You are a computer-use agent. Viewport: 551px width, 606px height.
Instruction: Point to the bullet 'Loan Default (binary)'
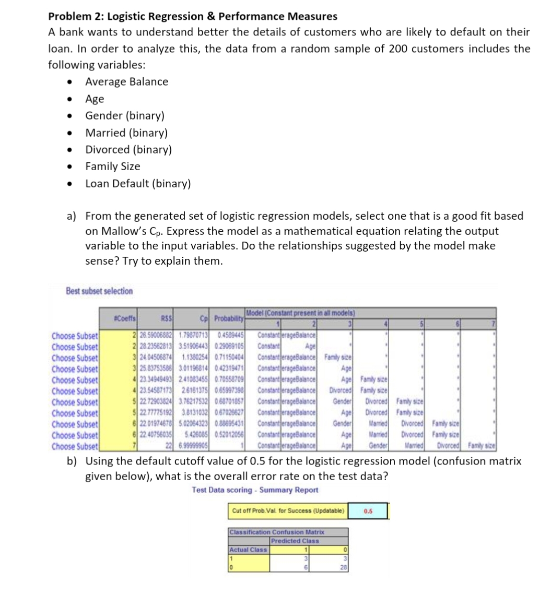pyautogui.click(x=138, y=184)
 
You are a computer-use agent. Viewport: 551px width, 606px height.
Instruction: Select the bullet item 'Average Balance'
pyautogui.click(x=126, y=82)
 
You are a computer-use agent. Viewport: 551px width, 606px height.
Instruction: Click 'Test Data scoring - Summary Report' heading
pyautogui.click(x=255, y=490)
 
